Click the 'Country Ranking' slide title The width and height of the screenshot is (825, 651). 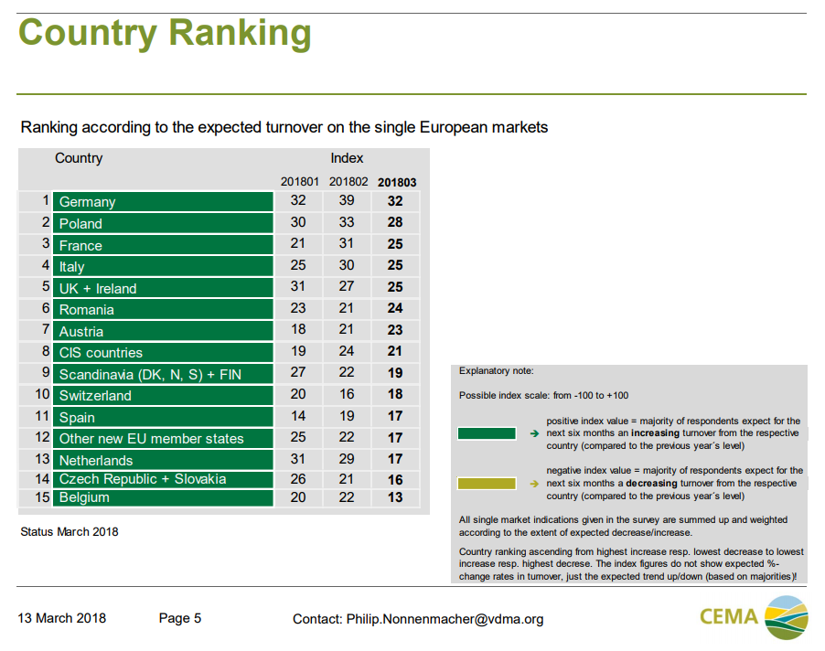point(165,34)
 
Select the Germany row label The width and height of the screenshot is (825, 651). point(88,202)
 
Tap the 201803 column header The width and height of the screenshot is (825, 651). point(397,182)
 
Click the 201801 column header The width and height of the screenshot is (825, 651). point(299,182)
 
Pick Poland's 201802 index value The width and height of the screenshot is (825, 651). point(347,223)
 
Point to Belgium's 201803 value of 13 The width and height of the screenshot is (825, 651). point(395,497)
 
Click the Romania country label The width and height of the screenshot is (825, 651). point(87,310)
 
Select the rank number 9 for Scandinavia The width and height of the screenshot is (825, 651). point(44,373)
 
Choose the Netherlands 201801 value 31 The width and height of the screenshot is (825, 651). point(298,460)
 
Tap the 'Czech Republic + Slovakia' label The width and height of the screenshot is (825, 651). point(142,479)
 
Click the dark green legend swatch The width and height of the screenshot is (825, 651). point(487,433)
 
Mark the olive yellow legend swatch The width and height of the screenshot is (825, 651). point(487,484)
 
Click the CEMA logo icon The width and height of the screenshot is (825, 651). point(786,617)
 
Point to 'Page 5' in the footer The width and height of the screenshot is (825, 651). point(180,618)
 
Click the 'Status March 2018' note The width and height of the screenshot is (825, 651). point(70,531)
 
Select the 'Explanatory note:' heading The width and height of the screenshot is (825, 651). point(496,371)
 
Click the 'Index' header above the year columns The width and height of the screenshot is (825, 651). point(347,158)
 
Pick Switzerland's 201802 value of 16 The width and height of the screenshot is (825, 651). point(347,395)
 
